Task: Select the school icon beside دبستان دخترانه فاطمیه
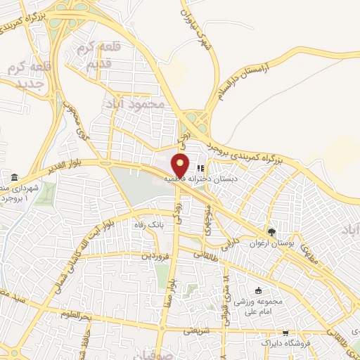[200, 169]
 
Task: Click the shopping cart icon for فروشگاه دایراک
[285, 335]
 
